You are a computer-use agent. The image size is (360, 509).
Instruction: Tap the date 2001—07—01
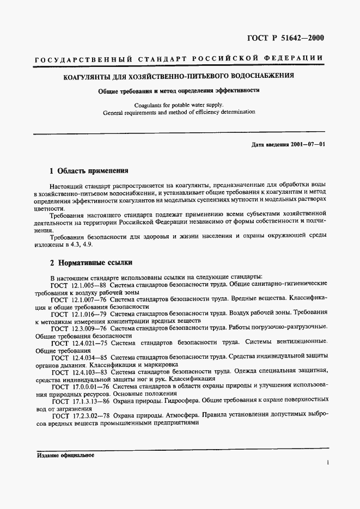point(307,144)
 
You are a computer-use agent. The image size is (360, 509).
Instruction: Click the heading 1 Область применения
point(89,170)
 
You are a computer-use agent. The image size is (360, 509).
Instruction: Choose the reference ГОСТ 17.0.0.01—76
point(81,386)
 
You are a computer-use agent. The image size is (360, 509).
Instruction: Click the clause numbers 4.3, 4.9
point(76,244)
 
